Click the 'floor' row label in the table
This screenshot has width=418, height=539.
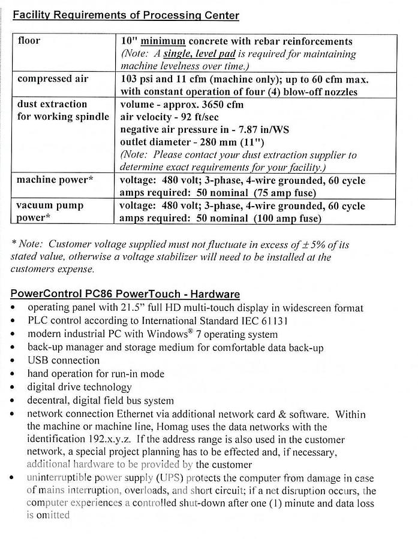click(29, 41)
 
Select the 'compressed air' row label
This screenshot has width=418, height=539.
click(53, 79)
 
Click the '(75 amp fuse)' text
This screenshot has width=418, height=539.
click(285, 193)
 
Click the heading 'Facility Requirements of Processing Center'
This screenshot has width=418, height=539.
click(126, 16)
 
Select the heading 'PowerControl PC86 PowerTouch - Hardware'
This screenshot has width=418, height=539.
click(125, 294)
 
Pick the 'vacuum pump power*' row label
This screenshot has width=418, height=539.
click(50, 211)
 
